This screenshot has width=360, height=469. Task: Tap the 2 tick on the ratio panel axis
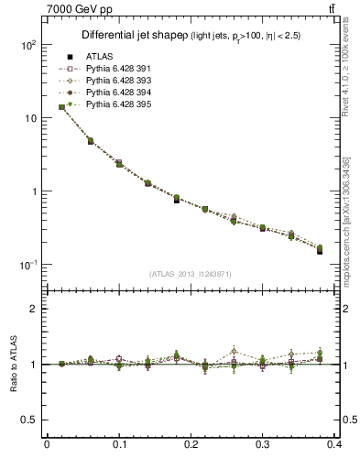pyautogui.click(x=35, y=309)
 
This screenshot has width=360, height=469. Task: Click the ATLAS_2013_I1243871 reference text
pyautogui.click(x=191, y=274)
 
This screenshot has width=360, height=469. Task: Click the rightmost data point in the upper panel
pyautogui.click(x=320, y=249)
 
